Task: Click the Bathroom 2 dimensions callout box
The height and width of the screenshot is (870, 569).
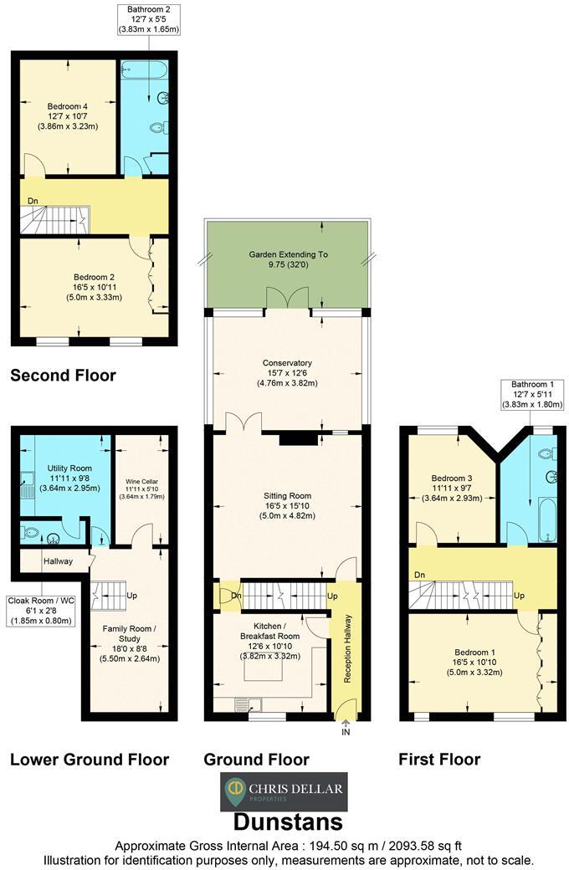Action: coord(149,19)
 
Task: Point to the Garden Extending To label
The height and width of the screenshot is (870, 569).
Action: coord(288,259)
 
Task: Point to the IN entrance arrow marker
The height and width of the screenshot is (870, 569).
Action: coord(346,729)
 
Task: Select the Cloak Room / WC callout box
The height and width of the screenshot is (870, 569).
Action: coord(42,610)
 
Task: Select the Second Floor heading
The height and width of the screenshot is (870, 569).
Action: coord(63,376)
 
